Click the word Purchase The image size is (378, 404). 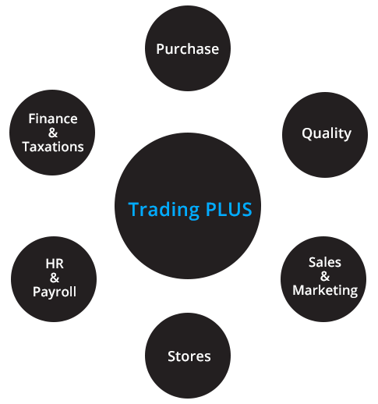coord(188,49)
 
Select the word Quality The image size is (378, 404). coord(327,134)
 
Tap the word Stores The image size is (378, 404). coord(189,356)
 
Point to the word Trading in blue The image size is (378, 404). coord(164,210)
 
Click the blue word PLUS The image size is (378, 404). coord(229,209)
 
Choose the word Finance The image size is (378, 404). coord(53,119)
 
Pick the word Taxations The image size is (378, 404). coord(53,147)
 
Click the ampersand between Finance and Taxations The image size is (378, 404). coord(53,133)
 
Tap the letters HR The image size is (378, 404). coord(55,264)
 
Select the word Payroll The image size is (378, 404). coord(55,292)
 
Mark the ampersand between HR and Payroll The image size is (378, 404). coord(55,278)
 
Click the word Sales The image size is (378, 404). coord(325,262)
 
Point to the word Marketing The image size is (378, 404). coord(325,291)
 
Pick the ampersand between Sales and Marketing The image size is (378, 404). coord(325,276)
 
